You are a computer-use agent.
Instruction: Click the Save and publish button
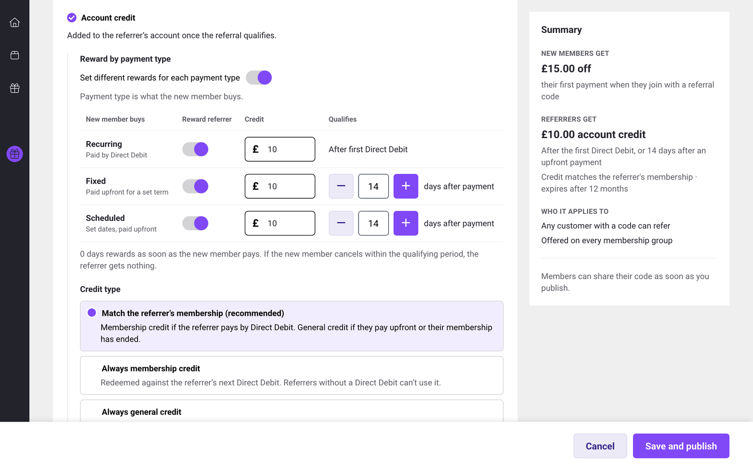pyautogui.click(x=681, y=446)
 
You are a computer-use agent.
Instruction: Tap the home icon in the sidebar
pyautogui.click(x=15, y=23)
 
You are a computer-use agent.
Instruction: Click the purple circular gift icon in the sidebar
pyautogui.click(x=15, y=154)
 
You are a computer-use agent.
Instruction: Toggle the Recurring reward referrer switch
pyautogui.click(x=195, y=149)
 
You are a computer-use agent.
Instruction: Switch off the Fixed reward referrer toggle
pyautogui.click(x=195, y=186)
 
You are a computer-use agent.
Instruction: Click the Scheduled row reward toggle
pyautogui.click(x=195, y=223)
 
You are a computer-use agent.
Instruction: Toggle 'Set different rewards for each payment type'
pyautogui.click(x=259, y=78)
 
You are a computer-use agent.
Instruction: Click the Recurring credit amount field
pyautogui.click(x=280, y=149)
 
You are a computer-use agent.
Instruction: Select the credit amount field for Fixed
pyautogui.click(x=280, y=186)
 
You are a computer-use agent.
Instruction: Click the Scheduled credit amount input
pyautogui.click(x=280, y=223)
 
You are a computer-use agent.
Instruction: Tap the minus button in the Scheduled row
pyautogui.click(x=341, y=223)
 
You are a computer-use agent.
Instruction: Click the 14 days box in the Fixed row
pyautogui.click(x=373, y=186)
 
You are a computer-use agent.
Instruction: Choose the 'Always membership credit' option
pyautogui.click(x=291, y=376)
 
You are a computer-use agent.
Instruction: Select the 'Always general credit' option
pyautogui.click(x=291, y=412)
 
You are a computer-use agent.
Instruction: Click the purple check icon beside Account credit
pyautogui.click(x=72, y=17)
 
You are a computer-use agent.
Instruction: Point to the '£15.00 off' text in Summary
pyautogui.click(x=566, y=69)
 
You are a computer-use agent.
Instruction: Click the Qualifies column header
pyautogui.click(x=343, y=119)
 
